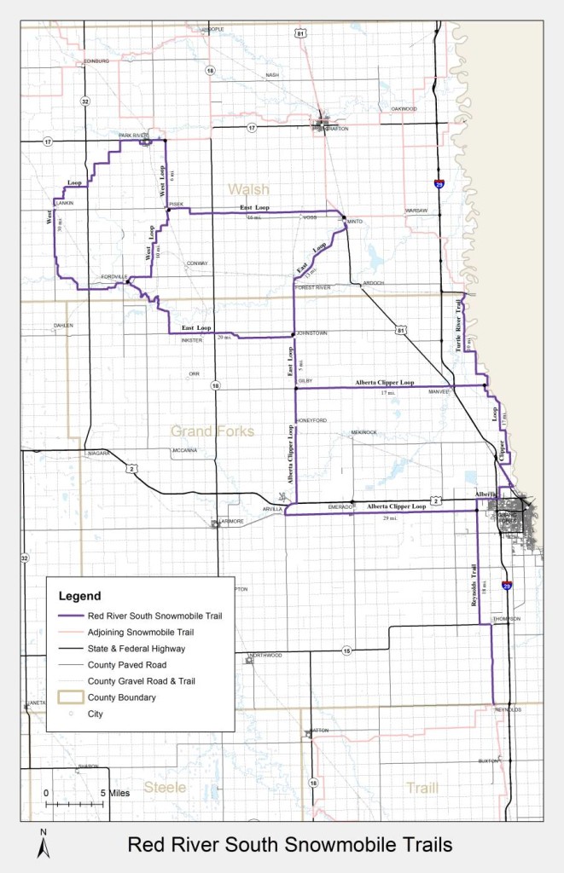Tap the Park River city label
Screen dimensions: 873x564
[x=133, y=136]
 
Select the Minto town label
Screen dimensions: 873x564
[x=355, y=221]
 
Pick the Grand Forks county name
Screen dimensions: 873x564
[x=212, y=431]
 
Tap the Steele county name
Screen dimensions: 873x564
[x=165, y=787]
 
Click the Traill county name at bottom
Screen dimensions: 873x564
[x=422, y=787]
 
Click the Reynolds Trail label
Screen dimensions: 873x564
[x=471, y=586]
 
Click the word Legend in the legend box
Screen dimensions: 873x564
[x=79, y=596]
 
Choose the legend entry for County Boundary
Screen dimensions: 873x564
[x=121, y=697]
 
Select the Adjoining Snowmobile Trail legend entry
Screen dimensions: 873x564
[x=141, y=633]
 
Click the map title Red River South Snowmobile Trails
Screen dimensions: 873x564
[x=289, y=845]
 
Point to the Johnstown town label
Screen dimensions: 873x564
[x=311, y=333]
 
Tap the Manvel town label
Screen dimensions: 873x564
[x=439, y=392]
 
